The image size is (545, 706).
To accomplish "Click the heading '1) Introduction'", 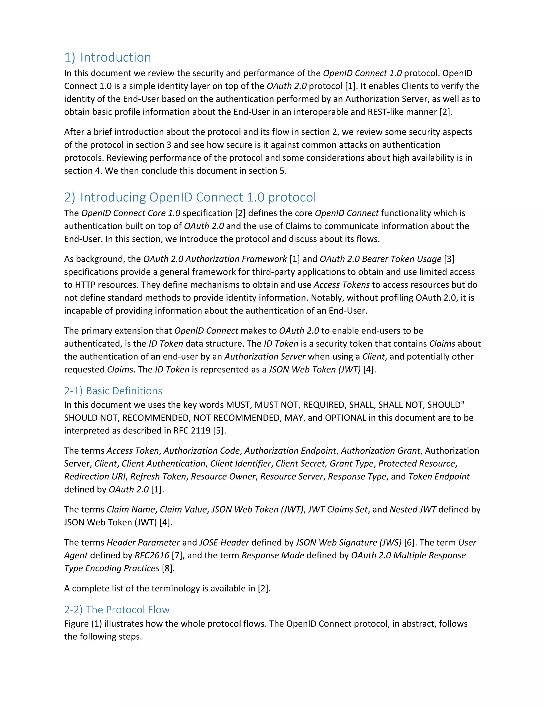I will click(108, 57).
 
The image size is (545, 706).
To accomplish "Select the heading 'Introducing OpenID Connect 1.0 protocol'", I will click(198, 197).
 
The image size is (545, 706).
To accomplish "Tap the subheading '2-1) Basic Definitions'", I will click(113, 391).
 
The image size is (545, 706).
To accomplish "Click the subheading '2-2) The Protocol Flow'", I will click(117, 610).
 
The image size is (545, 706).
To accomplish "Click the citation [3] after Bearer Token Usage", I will click(449, 259).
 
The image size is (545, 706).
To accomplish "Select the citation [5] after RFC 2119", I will click(219, 431).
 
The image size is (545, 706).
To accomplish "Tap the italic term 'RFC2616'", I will click(152, 555).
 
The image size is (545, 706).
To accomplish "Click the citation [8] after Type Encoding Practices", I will click(168, 568).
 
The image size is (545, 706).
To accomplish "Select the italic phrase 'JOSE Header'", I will click(224, 542).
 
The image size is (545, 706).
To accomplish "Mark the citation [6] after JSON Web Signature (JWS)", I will click(409, 542).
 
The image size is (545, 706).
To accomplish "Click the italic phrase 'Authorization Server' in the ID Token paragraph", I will click(265, 356).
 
